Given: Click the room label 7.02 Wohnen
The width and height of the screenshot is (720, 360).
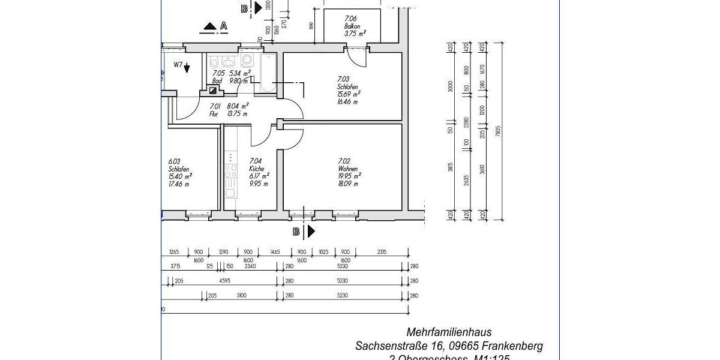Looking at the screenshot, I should [x=349, y=172].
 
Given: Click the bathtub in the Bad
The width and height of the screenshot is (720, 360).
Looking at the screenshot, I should [x=269, y=76].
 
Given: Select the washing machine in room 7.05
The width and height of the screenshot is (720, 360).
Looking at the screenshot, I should [x=247, y=60].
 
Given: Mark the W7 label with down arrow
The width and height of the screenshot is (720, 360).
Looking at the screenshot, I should [x=182, y=66].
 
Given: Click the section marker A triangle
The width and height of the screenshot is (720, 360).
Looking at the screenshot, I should [x=210, y=26].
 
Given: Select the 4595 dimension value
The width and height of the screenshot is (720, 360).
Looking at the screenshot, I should [x=225, y=281].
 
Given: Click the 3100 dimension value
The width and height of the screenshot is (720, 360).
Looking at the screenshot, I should [x=242, y=296].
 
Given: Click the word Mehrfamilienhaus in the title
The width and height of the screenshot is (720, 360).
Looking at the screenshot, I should [x=449, y=332].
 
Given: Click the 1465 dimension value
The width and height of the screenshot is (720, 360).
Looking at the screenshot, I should [x=275, y=252].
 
